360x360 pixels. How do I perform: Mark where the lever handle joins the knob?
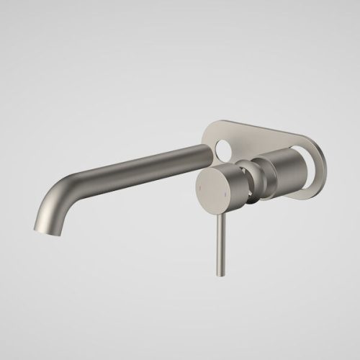click(x=218, y=207)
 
